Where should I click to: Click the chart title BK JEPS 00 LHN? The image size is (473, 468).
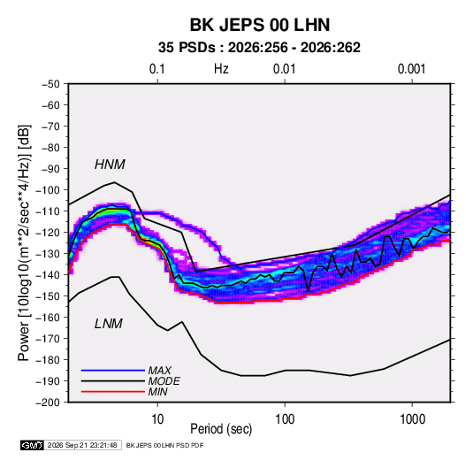point(260,25)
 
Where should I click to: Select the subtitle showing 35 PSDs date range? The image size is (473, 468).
point(259,48)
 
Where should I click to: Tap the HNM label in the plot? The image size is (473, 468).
point(110,165)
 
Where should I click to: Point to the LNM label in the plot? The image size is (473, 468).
point(109,324)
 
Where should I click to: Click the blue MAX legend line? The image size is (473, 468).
point(113,371)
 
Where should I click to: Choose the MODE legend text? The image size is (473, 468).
point(164,381)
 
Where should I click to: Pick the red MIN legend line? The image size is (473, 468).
point(113,392)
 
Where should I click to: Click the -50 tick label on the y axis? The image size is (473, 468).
point(51,84)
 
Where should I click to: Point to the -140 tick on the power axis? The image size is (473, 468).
point(48,275)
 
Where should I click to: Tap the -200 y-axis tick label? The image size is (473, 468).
point(48,403)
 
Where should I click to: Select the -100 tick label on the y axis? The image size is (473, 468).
point(48,190)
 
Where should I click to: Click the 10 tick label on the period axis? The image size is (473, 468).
point(157,419)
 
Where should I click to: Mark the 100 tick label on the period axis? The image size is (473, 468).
point(285,419)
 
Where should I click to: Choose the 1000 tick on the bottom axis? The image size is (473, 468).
point(412,419)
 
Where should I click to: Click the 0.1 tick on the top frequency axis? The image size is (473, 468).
point(157,69)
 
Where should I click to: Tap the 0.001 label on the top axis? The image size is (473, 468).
point(412,69)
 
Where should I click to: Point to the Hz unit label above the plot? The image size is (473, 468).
point(221,69)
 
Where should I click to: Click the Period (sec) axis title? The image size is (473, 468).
point(221,429)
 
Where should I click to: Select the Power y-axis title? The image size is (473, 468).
point(24,243)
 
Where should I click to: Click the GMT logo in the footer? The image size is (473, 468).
point(32,445)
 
